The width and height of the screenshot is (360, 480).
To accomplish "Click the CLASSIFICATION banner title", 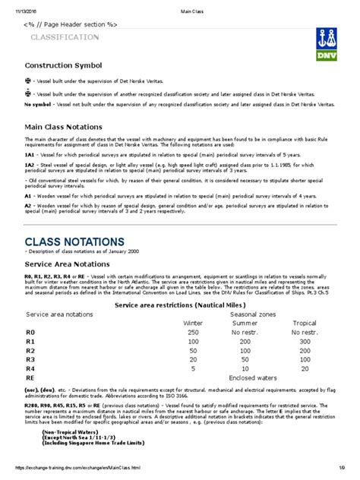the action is coord(63,37).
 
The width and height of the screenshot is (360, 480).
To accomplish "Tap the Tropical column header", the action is coord(304,323).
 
